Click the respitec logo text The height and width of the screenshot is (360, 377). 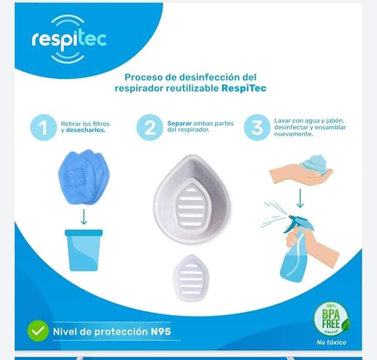[x=69, y=40]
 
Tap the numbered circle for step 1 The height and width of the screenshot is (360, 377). [x=43, y=127]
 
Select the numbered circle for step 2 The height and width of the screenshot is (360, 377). [x=150, y=127]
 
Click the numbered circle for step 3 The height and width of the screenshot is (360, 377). [x=257, y=127]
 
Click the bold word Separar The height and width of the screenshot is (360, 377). [x=180, y=124]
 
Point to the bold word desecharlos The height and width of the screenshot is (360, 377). [x=86, y=130]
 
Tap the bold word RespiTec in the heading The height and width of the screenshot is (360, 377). [x=244, y=89]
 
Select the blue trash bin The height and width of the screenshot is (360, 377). [x=84, y=250]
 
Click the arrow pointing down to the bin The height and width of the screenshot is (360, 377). [x=84, y=216]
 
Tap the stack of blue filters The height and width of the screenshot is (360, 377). [x=84, y=177]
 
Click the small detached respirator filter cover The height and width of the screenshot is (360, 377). [x=191, y=278]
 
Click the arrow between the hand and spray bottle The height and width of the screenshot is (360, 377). [x=300, y=198]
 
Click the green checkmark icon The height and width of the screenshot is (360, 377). [x=38, y=331]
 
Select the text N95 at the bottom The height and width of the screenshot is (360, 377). [x=161, y=332]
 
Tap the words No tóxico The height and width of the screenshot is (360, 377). [x=331, y=342]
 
